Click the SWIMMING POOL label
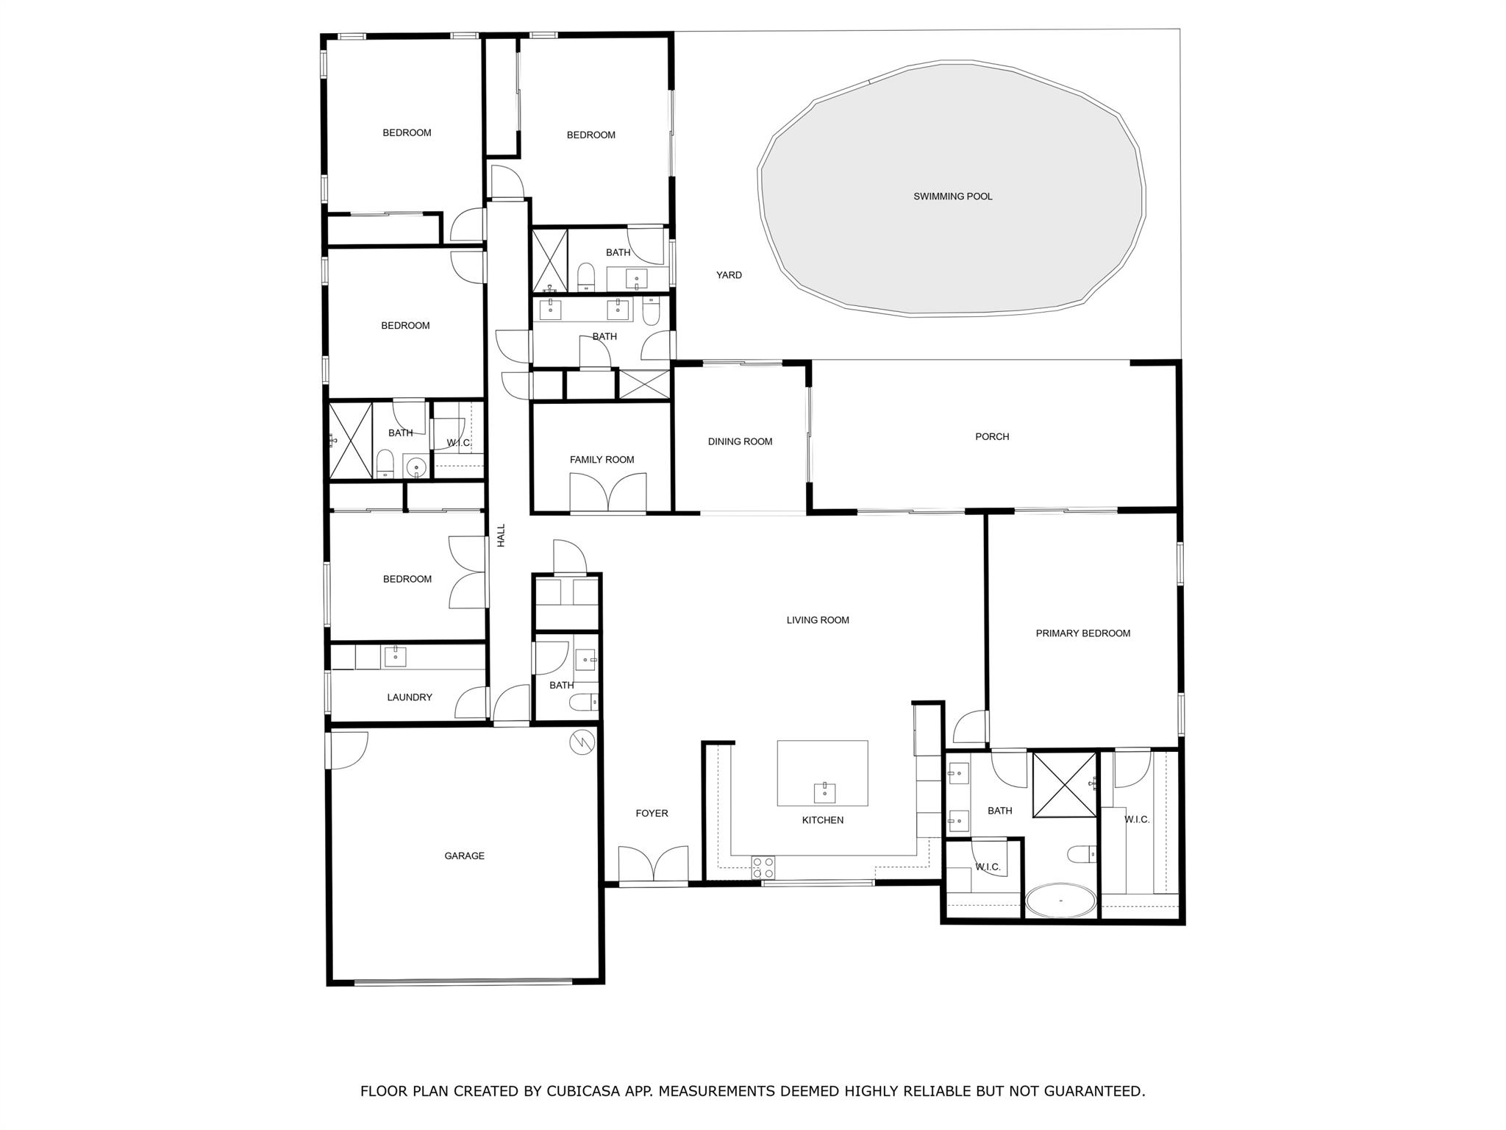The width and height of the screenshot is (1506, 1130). [952, 196]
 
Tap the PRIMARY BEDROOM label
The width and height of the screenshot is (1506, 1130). [1082, 633]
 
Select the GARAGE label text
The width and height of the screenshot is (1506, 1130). [464, 856]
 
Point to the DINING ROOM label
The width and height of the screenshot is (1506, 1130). [740, 441]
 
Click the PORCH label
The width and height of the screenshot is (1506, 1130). [992, 436]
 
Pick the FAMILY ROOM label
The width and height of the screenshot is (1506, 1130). [602, 460]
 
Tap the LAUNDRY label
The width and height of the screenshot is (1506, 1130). [410, 697]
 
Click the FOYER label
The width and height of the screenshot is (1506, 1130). [652, 813]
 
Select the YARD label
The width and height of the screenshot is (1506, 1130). [729, 275]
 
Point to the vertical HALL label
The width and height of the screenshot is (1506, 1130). [502, 535]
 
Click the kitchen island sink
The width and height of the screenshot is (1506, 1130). [824, 793]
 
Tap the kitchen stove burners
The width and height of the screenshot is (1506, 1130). [763, 867]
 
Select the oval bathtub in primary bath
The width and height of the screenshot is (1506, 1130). [1061, 900]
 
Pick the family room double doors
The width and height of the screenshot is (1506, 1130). [607, 492]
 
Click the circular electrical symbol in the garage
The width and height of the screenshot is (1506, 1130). [581, 743]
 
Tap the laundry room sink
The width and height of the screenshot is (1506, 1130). [395, 655]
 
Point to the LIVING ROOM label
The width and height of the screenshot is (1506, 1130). [818, 620]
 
